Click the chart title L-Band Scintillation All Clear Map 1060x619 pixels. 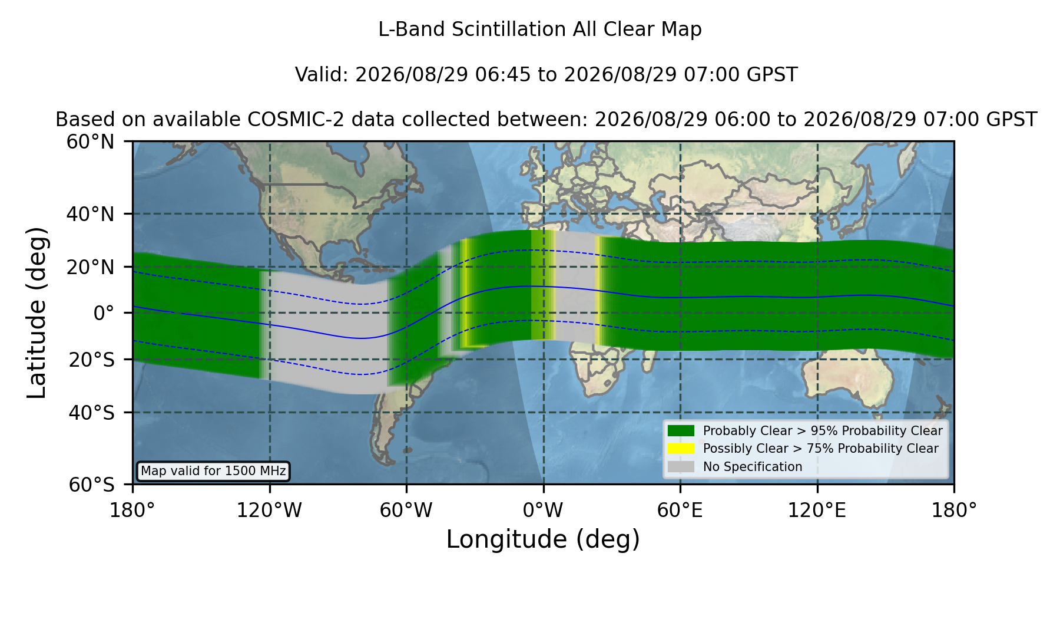[539, 29]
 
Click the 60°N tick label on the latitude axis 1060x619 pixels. [90, 141]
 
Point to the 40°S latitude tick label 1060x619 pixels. [91, 413]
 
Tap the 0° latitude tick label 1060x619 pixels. [104, 313]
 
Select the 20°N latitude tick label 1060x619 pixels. [90, 267]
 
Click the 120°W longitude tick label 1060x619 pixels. [269, 511]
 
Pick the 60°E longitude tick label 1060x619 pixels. [680, 511]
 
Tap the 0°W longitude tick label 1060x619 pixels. [543, 511]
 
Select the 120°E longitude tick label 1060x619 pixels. [817, 511]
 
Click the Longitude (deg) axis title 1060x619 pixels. [543, 539]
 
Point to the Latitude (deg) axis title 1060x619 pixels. [37, 312]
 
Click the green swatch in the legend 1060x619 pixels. [681, 430]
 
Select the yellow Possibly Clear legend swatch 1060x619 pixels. [681, 449]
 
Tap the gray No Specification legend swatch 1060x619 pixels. [681, 467]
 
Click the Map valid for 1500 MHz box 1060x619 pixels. [213, 471]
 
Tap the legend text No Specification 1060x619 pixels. [753, 467]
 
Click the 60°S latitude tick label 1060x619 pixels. [91, 485]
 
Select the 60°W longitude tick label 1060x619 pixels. [406, 511]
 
